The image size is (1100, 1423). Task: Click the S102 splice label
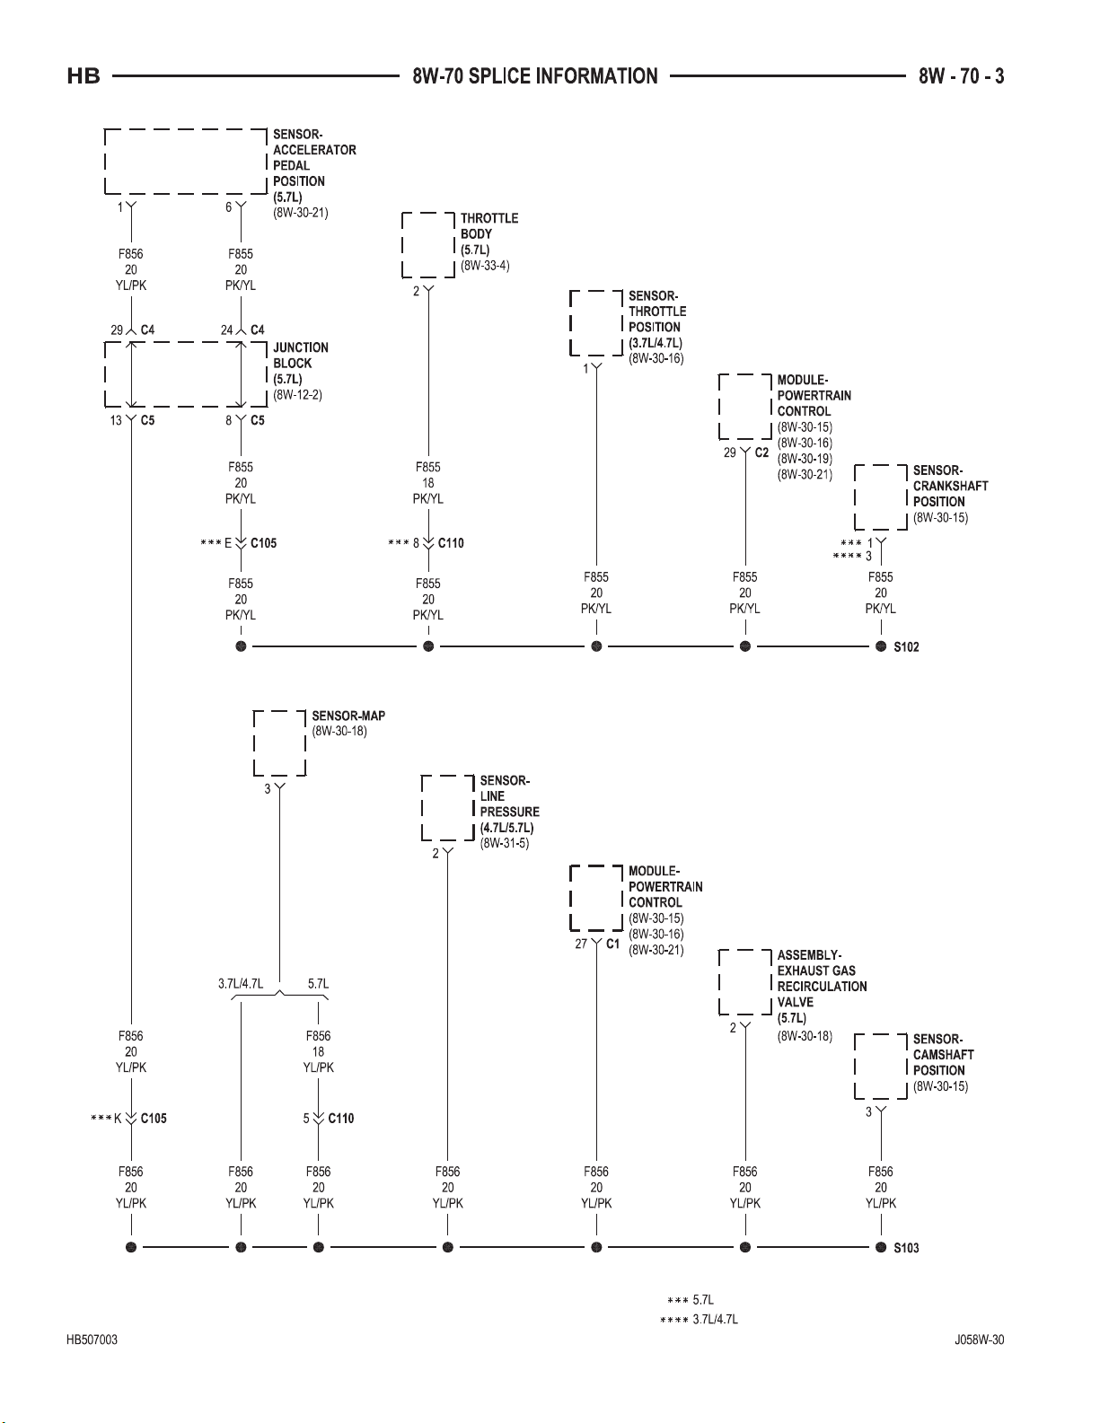tap(906, 647)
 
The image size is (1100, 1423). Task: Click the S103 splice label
tap(906, 1248)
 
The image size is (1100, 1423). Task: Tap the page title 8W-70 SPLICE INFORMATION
tap(535, 76)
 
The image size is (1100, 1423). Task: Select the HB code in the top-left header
tap(84, 76)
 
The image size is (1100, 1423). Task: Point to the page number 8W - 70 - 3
tap(961, 76)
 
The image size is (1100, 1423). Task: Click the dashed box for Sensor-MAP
tap(279, 743)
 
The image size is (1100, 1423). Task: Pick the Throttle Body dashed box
tap(428, 245)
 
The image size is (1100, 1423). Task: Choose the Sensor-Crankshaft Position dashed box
tap(881, 497)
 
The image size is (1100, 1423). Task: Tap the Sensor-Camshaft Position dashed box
tap(881, 1067)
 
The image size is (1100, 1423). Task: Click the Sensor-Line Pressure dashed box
tap(448, 808)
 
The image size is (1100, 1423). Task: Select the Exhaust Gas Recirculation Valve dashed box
tap(745, 982)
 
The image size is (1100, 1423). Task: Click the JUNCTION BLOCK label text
tap(301, 356)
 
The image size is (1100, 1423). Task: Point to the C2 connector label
tap(761, 452)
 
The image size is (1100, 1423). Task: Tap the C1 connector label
tap(612, 944)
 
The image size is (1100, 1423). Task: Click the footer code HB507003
tap(92, 1340)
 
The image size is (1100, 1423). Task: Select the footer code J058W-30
tap(980, 1340)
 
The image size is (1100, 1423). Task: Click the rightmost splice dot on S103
tap(881, 1248)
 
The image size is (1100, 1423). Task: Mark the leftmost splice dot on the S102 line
tap(241, 647)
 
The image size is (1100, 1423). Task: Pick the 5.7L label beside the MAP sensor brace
tap(318, 984)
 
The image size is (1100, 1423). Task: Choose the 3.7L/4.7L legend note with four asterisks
tap(699, 1320)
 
